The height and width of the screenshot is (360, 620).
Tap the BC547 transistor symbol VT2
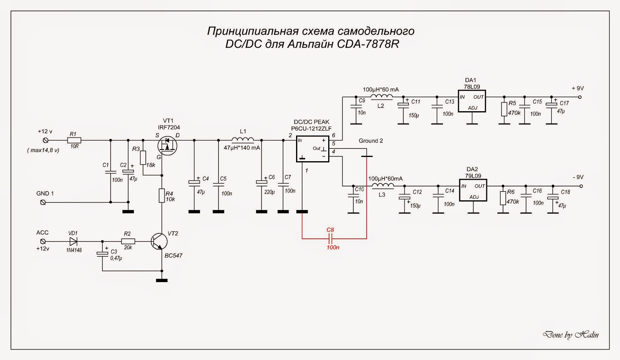click(x=160, y=241)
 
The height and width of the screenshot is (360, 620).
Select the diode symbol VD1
click(x=73, y=241)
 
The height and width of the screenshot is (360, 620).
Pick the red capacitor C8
click(x=330, y=238)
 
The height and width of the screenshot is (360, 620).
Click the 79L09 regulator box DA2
click(x=473, y=190)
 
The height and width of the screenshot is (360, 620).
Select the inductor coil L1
click(x=243, y=140)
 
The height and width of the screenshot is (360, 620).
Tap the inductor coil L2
click(x=382, y=97)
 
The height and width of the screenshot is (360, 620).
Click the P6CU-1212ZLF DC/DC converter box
click(x=312, y=149)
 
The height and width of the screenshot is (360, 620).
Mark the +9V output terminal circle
click(x=580, y=97)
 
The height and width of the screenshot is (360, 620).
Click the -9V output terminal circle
click(x=580, y=186)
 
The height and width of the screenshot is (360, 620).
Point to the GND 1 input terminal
click(x=43, y=202)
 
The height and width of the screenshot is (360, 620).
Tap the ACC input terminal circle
click(x=43, y=241)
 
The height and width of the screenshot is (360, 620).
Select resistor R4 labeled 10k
click(x=162, y=196)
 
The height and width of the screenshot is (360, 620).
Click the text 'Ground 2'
click(x=370, y=141)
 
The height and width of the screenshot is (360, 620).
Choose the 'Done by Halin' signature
click(x=570, y=335)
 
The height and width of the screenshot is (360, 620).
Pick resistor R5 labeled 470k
click(x=504, y=109)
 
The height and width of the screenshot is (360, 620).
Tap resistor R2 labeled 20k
click(x=128, y=241)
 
